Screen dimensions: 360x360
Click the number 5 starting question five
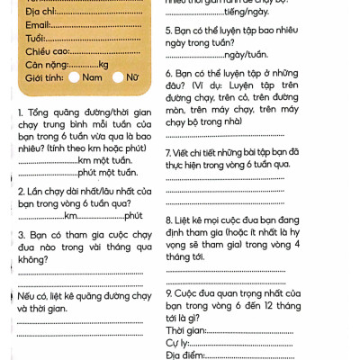coord(169,31)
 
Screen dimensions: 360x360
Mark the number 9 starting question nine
coord(169,293)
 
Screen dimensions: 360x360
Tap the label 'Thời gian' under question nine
coord(186,331)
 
